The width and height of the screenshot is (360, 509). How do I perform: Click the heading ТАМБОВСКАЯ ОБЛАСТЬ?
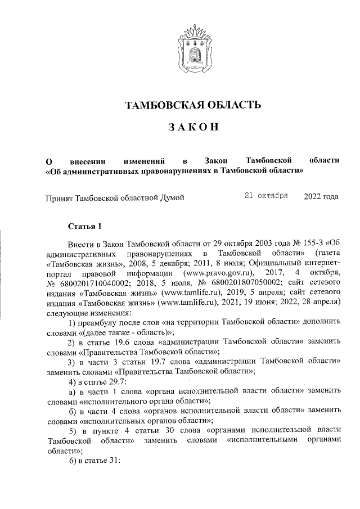[x=193, y=105]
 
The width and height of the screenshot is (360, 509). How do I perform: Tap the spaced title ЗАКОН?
[x=193, y=128]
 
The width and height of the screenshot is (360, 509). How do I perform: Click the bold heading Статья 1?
[x=84, y=227]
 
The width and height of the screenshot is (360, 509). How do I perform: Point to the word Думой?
[x=171, y=197]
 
